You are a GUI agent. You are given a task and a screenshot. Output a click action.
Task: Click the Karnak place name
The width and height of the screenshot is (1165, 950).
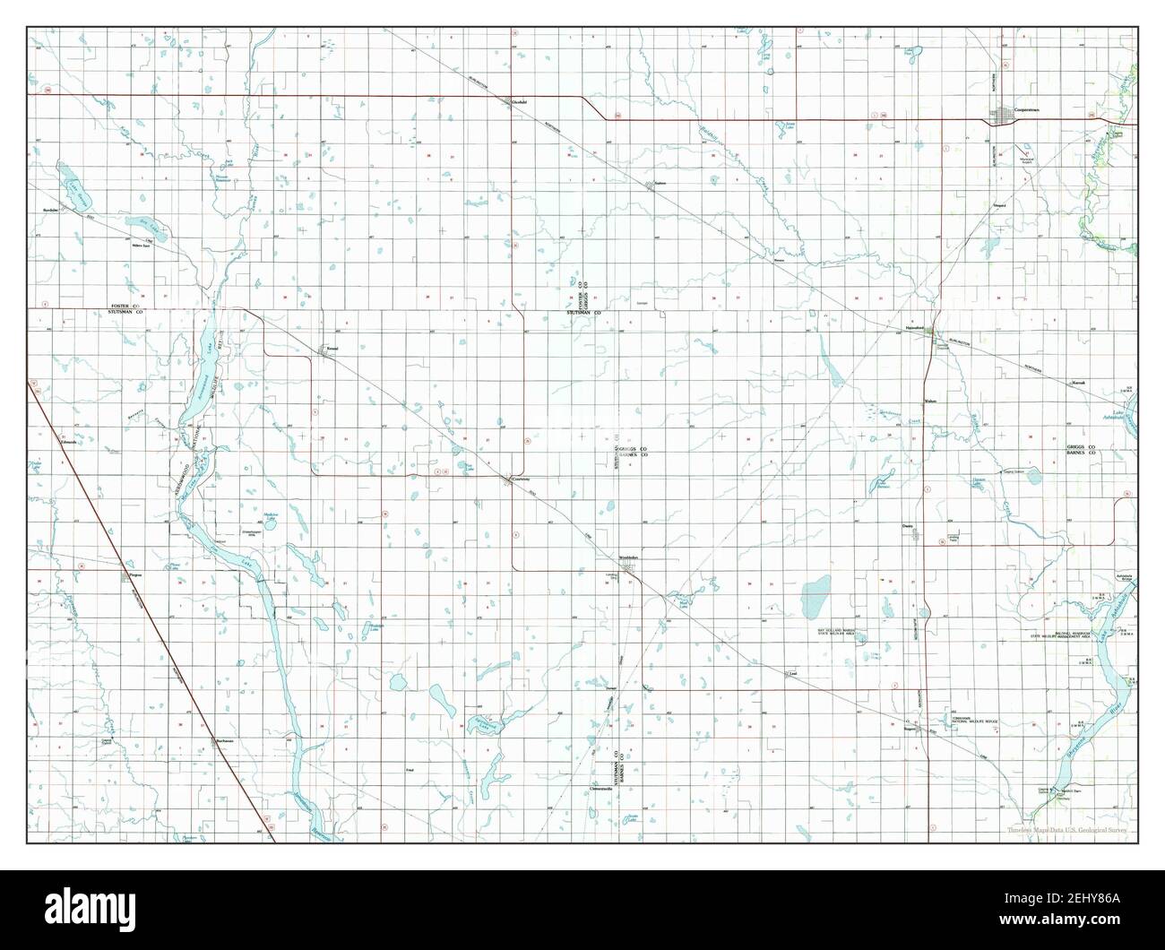pos(1078,383)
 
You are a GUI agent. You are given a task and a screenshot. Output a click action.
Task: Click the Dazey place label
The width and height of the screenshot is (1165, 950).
pos(909,527)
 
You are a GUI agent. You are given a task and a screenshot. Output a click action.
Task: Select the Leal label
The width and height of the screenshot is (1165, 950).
pos(791,671)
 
